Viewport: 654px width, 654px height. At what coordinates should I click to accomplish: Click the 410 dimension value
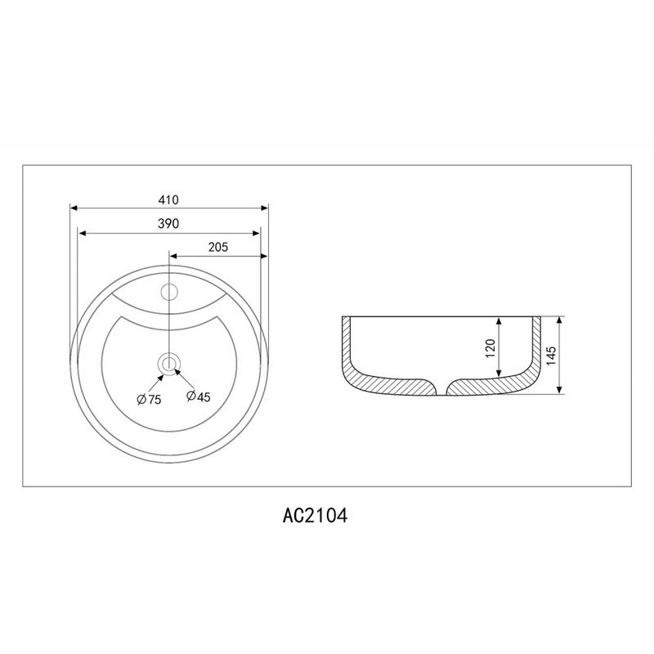(168, 200)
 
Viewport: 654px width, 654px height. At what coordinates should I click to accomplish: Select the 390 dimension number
(168, 224)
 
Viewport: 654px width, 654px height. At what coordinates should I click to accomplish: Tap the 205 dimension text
(218, 248)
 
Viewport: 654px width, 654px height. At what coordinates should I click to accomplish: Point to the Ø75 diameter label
(149, 400)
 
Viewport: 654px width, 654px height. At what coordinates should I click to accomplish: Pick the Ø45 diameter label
(199, 396)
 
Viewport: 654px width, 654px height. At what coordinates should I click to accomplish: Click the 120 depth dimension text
(490, 348)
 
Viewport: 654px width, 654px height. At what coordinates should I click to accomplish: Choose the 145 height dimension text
(551, 356)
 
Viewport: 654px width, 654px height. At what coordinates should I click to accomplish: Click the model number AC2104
(315, 516)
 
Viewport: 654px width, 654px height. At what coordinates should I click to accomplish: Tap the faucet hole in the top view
(169, 292)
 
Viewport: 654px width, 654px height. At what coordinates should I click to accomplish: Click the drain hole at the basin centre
(169, 364)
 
